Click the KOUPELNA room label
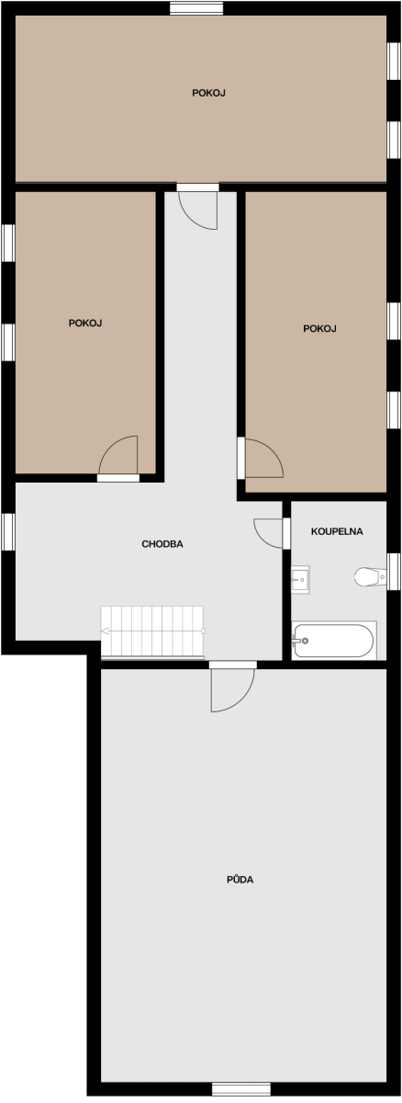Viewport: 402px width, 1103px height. (x=337, y=531)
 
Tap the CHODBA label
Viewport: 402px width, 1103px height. (x=162, y=544)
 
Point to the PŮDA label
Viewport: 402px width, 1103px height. (x=240, y=879)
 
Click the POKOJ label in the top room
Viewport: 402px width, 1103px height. (x=208, y=93)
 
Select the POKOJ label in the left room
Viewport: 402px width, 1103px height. (x=85, y=323)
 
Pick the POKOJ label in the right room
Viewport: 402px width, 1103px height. (x=319, y=328)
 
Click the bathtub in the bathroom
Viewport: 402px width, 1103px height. (x=334, y=640)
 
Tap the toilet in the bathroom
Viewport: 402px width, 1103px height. (x=370, y=576)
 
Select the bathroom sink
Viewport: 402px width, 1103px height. (x=300, y=580)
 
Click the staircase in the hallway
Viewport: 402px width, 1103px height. (x=152, y=632)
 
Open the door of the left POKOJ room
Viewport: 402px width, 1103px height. (x=118, y=458)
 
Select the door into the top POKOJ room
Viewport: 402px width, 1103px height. (x=197, y=206)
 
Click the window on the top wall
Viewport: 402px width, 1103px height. (x=196, y=8)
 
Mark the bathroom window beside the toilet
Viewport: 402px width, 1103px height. (x=393, y=572)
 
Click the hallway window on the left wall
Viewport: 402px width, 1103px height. (x=8, y=531)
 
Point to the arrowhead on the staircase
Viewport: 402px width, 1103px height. (x=105, y=631)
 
